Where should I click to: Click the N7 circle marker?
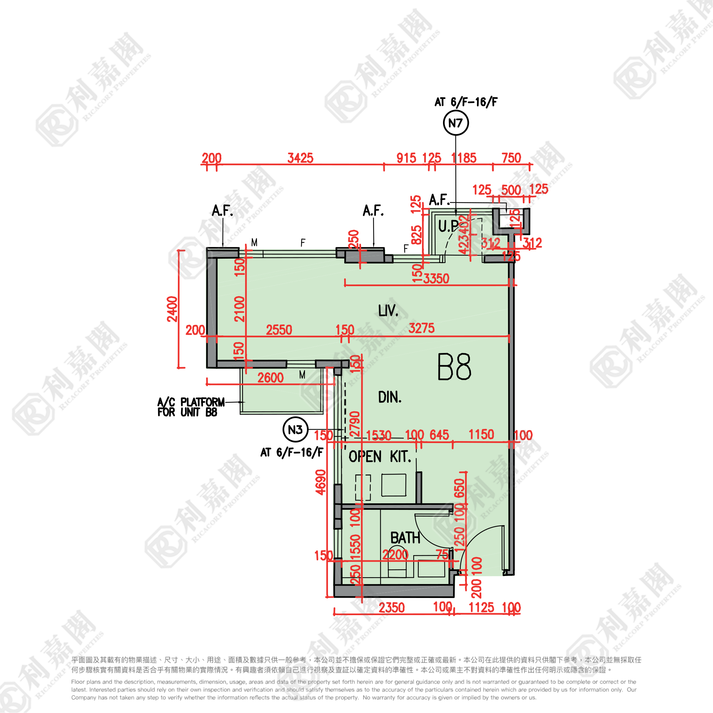(456, 123)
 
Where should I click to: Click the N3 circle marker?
(295, 429)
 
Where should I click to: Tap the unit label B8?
(454, 367)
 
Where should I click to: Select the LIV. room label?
(388, 311)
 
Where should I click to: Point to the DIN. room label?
(390, 397)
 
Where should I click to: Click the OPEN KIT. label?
(380, 457)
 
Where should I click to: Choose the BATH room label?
(405, 538)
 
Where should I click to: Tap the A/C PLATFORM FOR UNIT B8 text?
(191, 407)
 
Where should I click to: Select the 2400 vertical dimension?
(172, 309)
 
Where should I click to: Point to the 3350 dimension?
(436, 279)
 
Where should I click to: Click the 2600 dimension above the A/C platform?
(271, 378)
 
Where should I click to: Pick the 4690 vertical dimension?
(321, 482)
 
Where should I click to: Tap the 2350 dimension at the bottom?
(392, 608)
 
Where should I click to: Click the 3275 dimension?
(421, 328)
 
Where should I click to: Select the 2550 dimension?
(279, 330)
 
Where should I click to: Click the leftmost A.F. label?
(223, 211)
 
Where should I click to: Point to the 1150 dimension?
(481, 435)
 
